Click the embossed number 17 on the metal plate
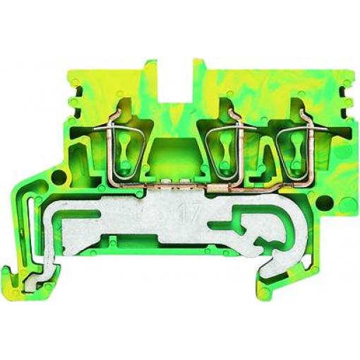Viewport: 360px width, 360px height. pos(190,212)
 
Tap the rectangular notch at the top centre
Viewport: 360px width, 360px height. pos(176,80)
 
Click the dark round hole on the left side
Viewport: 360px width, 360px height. pos(58,176)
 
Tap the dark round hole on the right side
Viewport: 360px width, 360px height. pos(324,202)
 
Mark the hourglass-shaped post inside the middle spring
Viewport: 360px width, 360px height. pos(224,150)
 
